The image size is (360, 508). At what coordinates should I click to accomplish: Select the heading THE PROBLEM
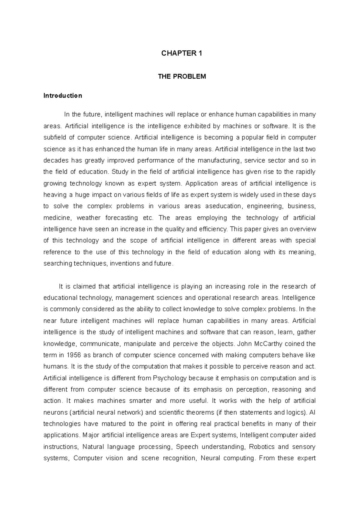[182, 76]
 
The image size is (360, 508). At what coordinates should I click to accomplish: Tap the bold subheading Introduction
[63, 96]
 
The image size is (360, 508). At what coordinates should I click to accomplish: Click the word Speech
[187, 447]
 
